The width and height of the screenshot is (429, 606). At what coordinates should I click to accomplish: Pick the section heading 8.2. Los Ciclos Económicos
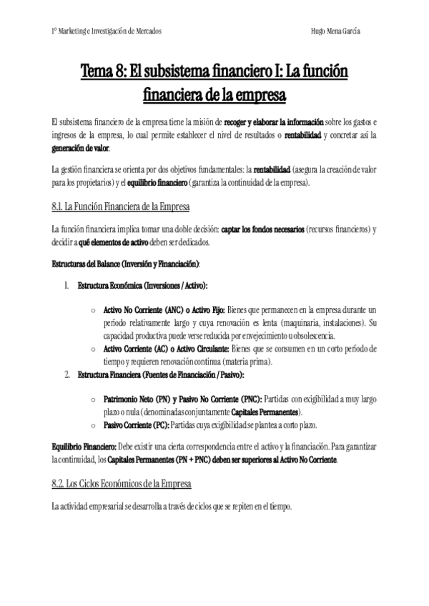click(122, 485)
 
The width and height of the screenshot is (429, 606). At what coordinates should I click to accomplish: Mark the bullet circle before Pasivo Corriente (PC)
click(94, 425)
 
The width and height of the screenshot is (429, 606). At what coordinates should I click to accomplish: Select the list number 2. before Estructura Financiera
click(66, 374)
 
